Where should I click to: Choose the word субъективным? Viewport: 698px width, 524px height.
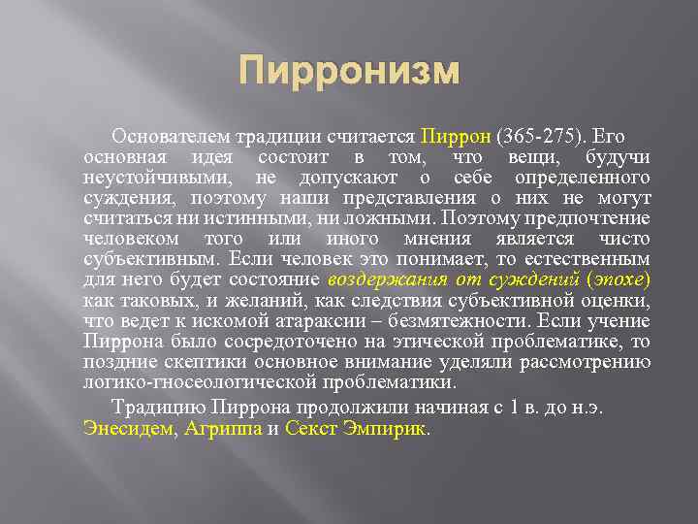click(x=155, y=260)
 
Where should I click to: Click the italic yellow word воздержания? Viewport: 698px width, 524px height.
click(x=383, y=280)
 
